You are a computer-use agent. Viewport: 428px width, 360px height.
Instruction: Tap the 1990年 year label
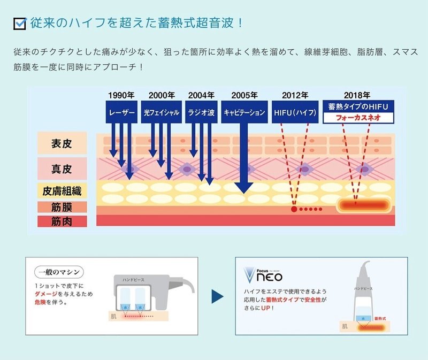[121, 95]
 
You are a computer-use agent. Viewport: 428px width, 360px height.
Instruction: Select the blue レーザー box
[121, 113]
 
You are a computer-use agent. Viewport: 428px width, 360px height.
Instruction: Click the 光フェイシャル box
[161, 113]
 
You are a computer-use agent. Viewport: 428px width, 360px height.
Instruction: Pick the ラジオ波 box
[201, 113]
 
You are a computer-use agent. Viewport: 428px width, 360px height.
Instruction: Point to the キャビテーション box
[244, 113]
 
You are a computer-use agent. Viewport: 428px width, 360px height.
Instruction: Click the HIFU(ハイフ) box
[295, 113]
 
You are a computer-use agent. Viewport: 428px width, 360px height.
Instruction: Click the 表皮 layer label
[62, 143]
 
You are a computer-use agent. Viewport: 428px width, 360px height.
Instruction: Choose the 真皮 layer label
[62, 169]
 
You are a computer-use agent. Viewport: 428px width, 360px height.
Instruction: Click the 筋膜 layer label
[62, 206]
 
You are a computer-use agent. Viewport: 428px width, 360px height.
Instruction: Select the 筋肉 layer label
[62, 221]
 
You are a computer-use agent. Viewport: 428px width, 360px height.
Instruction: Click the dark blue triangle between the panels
[217, 296]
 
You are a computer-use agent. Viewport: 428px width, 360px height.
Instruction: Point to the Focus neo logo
[263, 275]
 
